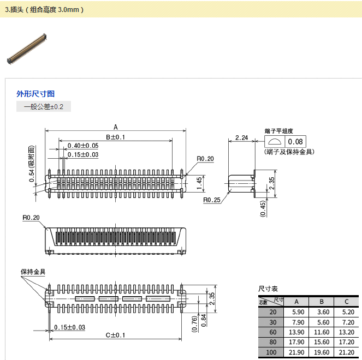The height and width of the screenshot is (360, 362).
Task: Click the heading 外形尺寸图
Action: [35, 94]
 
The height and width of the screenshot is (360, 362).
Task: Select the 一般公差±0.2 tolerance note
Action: [44, 107]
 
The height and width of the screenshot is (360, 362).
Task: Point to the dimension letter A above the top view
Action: [115, 127]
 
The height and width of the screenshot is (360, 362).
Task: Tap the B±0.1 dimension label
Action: [115, 137]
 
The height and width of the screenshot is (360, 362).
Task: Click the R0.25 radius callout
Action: [211, 200]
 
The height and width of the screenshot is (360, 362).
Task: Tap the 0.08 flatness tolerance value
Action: [295, 142]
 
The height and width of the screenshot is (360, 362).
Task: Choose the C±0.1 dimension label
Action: [115, 334]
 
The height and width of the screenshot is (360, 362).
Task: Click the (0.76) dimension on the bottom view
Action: [194, 323]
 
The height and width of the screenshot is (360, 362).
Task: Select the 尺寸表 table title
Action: [268, 289]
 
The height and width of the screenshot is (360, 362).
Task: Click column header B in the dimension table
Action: [322, 302]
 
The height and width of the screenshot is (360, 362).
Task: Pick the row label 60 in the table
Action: [272, 332]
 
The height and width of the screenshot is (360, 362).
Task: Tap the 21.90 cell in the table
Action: [298, 352]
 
